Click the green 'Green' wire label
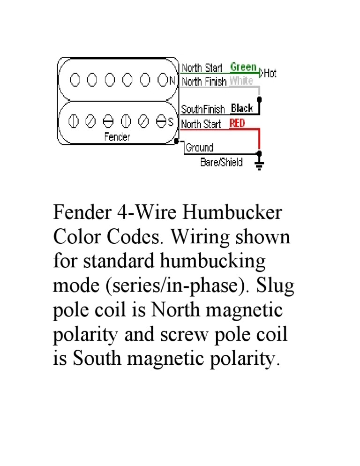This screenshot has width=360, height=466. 243,67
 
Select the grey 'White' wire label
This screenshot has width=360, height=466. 241,81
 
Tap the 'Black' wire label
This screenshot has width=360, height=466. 242,108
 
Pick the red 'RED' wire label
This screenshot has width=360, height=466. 237,123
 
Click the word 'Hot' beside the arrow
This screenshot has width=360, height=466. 270,73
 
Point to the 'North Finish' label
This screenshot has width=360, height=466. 204,82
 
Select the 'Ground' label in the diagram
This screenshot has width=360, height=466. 200,148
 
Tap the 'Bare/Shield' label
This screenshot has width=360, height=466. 221,163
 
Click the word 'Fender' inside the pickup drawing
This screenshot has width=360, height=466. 117,137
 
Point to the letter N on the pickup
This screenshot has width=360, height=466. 172,80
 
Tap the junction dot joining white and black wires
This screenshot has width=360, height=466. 260,100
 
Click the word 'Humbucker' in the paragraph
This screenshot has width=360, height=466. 232,212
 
